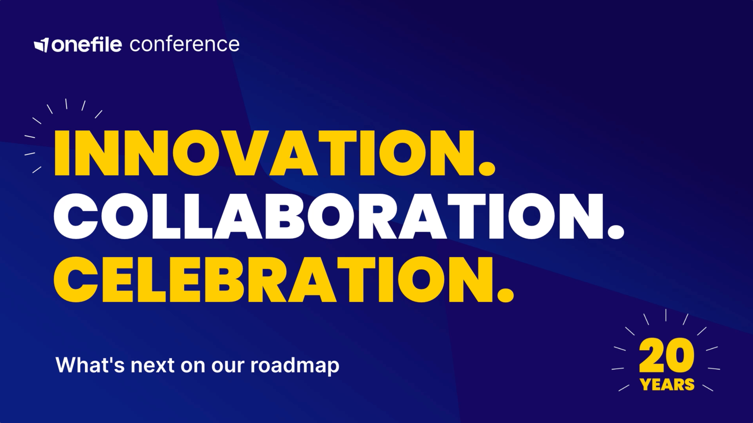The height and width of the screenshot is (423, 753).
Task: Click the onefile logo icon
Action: tap(41, 45)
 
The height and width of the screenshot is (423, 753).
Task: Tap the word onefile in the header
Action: tap(87, 44)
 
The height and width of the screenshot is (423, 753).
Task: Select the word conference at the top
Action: tap(184, 44)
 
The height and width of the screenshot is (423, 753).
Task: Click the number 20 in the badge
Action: tap(666, 355)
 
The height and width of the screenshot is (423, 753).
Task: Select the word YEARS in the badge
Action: tap(667, 385)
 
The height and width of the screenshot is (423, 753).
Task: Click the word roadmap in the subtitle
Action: tap(295, 365)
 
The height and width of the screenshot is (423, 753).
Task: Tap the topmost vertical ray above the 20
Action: tap(666, 315)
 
